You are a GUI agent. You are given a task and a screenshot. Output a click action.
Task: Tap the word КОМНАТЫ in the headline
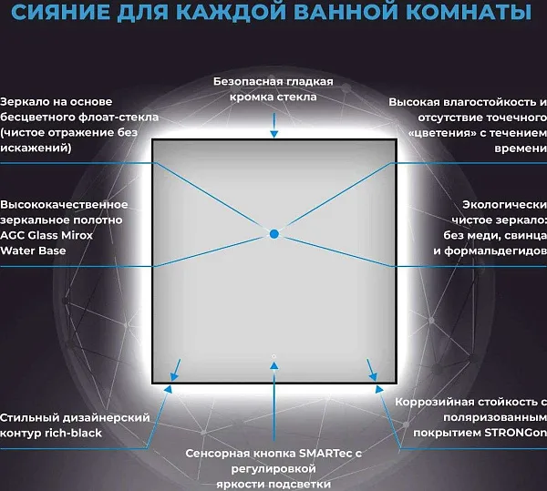469,11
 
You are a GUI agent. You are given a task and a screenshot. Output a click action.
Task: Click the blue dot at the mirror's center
274,234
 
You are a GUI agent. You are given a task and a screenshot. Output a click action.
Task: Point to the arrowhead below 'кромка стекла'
274,134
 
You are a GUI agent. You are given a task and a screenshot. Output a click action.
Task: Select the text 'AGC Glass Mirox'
46,235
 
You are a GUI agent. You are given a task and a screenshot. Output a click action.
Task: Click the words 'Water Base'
33,251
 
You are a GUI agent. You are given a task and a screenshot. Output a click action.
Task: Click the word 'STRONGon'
516,433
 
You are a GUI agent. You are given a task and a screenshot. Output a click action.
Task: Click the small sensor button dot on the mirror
273,356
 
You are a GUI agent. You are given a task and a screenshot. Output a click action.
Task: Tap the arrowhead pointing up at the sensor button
274,365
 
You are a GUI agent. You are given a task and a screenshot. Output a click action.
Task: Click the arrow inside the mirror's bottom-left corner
175,370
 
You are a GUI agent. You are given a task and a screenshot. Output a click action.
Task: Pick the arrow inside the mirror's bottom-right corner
372,370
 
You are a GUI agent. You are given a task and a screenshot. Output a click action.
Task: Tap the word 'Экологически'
504,205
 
